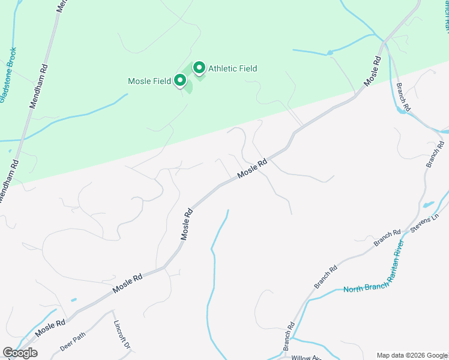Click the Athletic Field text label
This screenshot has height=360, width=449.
coord(232,68)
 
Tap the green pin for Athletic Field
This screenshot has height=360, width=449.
coord(199,68)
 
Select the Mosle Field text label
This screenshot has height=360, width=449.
coord(149,81)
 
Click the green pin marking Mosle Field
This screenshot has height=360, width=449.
coord(179,80)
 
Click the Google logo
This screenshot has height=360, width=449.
coord(20,352)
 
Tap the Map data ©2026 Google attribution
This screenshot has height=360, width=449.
coord(411,355)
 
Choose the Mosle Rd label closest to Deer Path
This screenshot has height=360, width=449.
coord(50,328)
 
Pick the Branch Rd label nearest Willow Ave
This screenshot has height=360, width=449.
coord(289,337)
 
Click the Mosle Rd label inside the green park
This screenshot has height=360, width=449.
coord(373,70)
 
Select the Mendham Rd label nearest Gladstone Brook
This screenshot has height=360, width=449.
coord(37,87)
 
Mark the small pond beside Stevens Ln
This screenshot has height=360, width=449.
coord(429,204)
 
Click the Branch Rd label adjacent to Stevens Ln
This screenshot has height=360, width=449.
coord(387,238)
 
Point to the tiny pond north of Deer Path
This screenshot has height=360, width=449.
coord(73,299)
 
